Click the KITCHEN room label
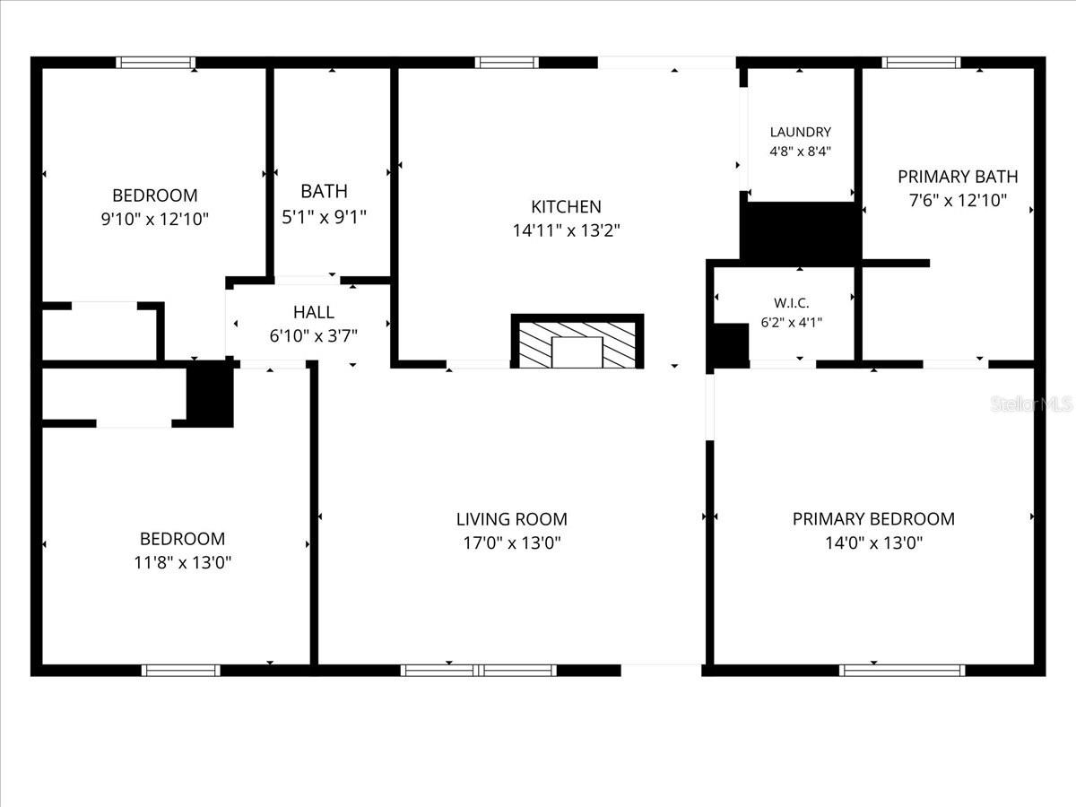[566, 206]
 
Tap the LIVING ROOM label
[511, 518]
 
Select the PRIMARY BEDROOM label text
[872, 518]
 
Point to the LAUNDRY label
[800, 132]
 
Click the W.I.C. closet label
[792, 303]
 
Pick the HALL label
[314, 312]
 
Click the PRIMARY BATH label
[958, 177]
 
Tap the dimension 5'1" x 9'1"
[324, 216]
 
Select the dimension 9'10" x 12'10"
[155, 218]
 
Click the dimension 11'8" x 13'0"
[182, 562]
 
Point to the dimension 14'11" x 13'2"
[566, 230]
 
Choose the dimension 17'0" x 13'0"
[511, 542]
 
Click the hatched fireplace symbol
[577, 342]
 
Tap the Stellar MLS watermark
[1031, 404]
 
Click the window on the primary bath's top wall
[921, 63]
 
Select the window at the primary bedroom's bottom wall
[902, 670]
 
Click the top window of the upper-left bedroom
[155, 63]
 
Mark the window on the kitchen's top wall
[507, 63]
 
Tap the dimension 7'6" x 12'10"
[958, 201]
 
